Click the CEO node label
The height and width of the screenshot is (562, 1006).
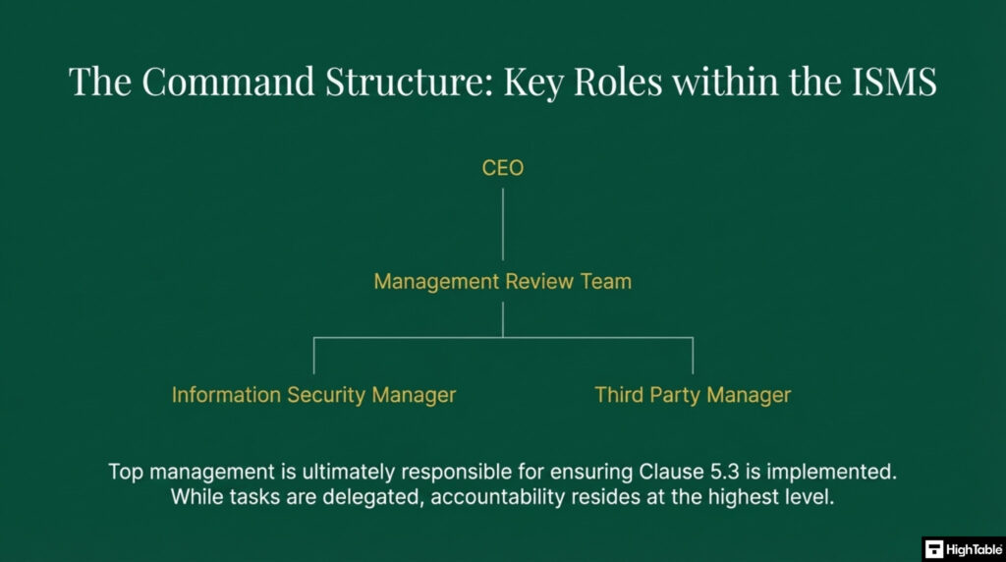click(x=502, y=168)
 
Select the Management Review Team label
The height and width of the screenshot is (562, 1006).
click(x=502, y=282)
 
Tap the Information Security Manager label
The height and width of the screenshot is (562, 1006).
click(x=313, y=395)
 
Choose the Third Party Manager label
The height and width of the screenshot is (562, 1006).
click(x=693, y=395)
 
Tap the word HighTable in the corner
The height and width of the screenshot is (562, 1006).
click(x=972, y=549)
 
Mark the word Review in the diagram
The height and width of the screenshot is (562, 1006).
click(x=536, y=282)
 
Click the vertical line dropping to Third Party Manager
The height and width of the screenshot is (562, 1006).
click(x=693, y=355)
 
